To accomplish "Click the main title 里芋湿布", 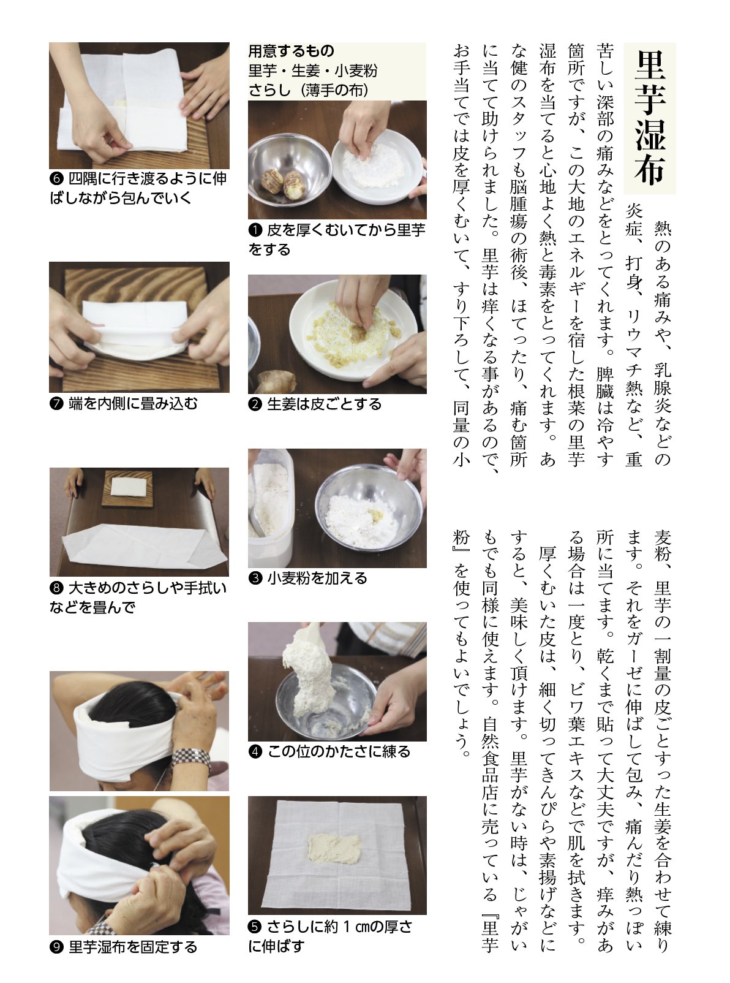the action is pos(649,118).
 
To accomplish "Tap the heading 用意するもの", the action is pos(291,51).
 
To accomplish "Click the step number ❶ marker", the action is pos(255,230).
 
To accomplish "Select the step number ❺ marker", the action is pos(255,927).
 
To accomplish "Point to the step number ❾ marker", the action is pos(56,947).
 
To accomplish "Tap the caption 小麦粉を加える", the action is pos(317,578).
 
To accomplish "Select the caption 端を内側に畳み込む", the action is pos(133,403).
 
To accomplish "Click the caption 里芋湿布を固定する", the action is pos(133,947).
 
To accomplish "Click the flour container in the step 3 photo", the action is pos(270,507).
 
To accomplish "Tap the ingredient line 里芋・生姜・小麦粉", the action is pos(313,71).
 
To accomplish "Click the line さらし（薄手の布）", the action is pos(309,90).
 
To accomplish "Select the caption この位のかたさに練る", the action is pos(339,752).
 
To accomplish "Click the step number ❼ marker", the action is pos(56,404).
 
